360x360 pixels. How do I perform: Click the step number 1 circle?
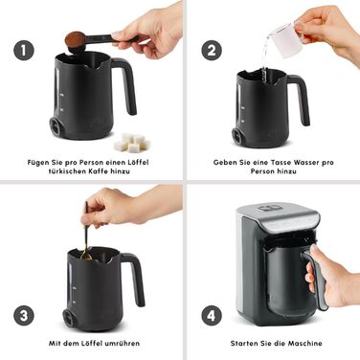pos(24,50)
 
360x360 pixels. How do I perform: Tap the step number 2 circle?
pos(212,50)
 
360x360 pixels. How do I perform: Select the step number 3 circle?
pos(24,315)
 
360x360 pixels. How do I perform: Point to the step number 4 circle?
pos(212,315)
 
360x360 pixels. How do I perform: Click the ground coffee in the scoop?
pos(75,38)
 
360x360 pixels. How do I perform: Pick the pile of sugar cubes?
pos(132,143)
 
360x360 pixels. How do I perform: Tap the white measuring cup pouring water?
pos(285,39)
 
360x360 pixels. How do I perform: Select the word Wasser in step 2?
pos(305,162)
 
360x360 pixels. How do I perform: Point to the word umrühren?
pos(122,344)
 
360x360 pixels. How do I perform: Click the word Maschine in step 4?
pos(304,344)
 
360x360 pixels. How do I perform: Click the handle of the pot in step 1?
pos(127,83)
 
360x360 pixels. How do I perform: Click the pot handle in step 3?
pos(136,277)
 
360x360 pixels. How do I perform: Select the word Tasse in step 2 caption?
pos(280,162)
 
